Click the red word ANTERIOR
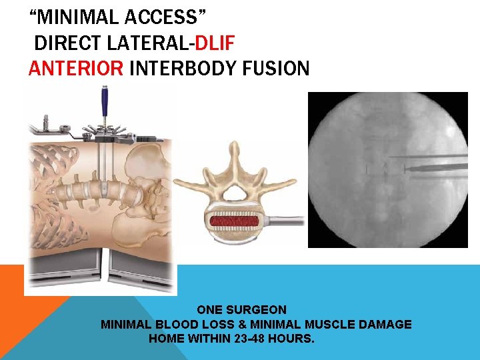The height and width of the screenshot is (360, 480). coord(76,69)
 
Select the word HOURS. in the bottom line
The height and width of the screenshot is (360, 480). coord(291,339)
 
